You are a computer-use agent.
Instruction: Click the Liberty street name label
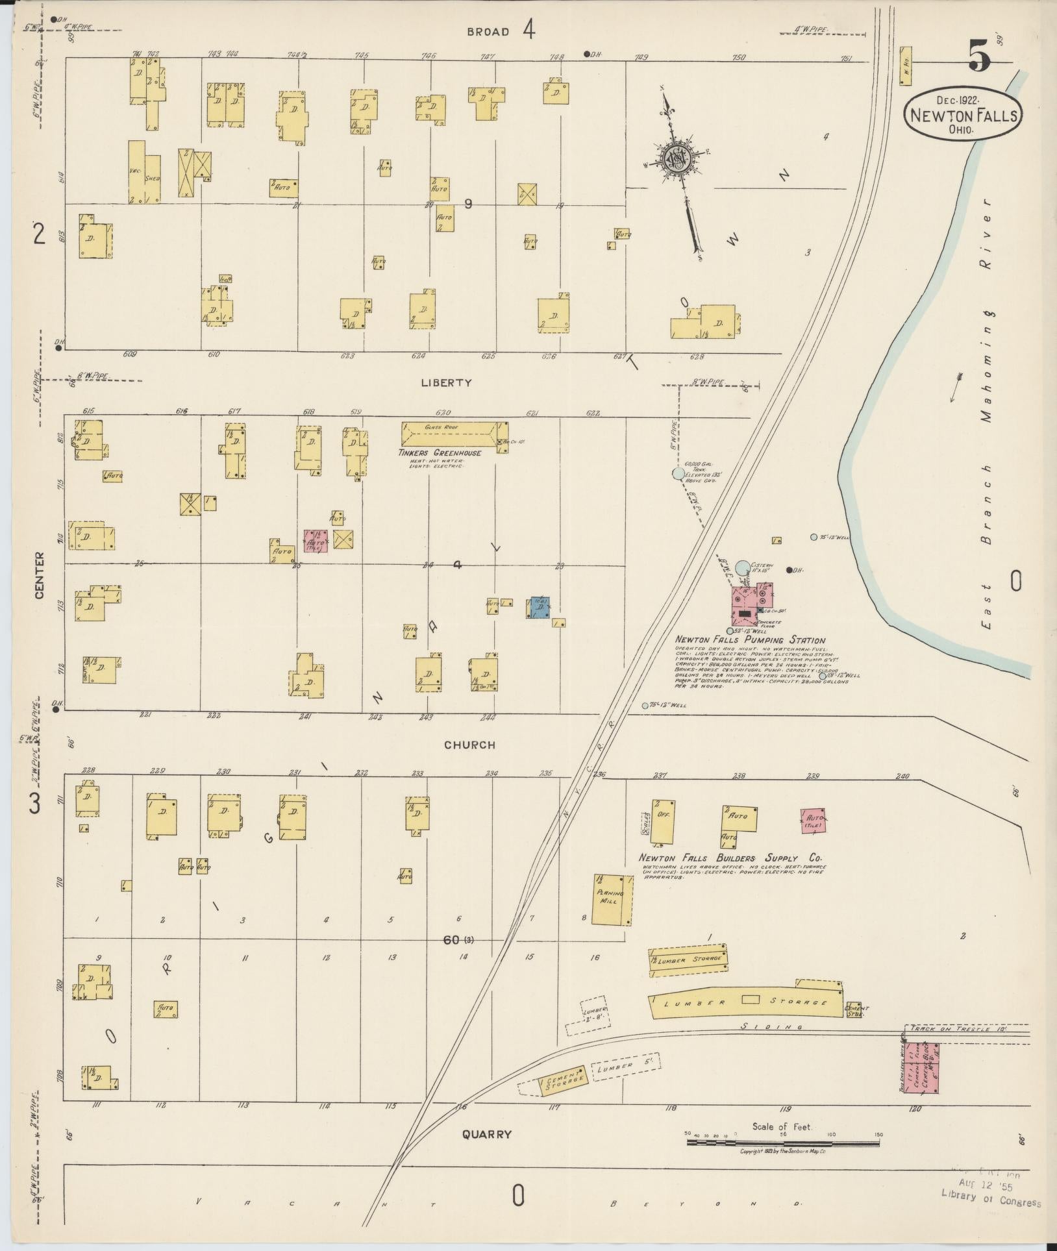pos(445,383)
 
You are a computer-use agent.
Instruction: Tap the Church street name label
pos(469,745)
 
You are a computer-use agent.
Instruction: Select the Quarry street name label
pos(487,1134)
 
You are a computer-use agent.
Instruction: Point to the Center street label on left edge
pos(40,575)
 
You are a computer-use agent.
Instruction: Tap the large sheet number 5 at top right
pos(980,58)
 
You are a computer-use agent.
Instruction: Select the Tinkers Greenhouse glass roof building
pos(453,433)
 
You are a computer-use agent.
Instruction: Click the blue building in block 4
pos(540,606)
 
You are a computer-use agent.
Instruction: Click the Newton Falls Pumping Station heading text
pos(750,640)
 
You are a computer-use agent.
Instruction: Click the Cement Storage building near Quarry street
pos(564,1080)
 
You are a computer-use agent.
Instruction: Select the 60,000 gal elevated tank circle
pos(678,473)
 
